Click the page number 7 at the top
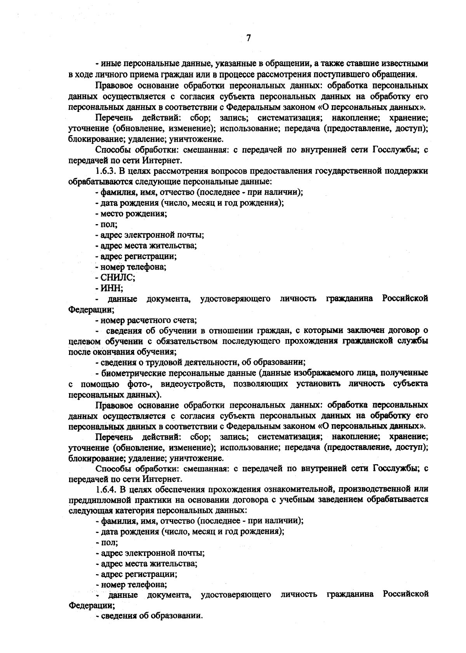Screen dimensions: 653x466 click(249, 38)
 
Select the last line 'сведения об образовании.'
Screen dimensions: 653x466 click(150, 616)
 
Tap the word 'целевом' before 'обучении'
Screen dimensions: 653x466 click(83, 341)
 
